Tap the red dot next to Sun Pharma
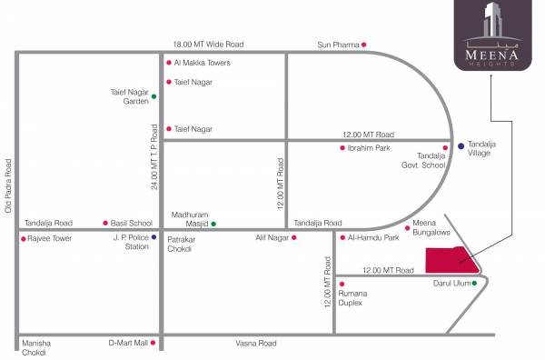364,44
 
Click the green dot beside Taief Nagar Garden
154,96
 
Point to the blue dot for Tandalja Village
461,145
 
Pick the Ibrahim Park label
369,147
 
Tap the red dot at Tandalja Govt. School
445,147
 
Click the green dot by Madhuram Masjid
214,224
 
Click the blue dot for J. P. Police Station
154,238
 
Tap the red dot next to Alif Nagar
294,238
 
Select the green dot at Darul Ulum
473,283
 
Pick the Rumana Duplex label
352,297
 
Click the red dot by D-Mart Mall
153,343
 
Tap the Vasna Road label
256,343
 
